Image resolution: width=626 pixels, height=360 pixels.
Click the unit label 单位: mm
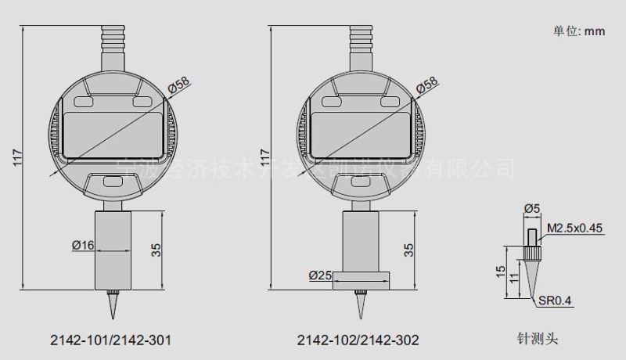581,32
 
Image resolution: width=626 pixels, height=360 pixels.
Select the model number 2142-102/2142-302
358,340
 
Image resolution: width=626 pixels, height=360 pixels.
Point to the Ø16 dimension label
83,245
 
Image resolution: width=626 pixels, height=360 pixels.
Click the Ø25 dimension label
321,275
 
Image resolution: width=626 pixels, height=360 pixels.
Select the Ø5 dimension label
532,208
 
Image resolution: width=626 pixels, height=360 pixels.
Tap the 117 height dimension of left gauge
18,157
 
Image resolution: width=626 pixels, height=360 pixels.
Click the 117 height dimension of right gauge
264,157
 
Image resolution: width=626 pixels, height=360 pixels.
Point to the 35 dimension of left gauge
156,250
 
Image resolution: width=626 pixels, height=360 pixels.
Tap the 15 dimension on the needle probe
499,270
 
